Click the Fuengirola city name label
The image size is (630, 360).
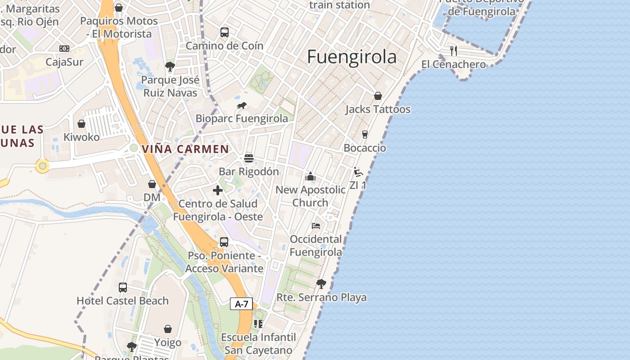coord(352,57)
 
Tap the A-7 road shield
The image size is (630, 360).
coord(242,304)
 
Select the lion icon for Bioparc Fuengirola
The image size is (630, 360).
coord(242,106)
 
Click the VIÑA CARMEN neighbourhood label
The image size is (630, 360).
coord(185,149)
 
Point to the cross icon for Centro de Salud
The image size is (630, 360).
coord(218,190)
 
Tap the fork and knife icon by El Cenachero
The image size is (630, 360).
coord(454,50)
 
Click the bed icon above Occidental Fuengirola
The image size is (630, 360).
coord(316,225)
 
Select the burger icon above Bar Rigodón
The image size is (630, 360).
coord(249,158)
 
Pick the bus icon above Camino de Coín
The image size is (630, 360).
coord(224,32)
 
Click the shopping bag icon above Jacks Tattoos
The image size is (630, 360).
coord(378,96)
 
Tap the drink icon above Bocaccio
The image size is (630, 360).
coord(365,135)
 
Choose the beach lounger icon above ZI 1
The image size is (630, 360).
coord(358,172)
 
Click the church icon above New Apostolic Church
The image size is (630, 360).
coord(310,176)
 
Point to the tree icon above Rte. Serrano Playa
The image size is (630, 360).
coord(321,284)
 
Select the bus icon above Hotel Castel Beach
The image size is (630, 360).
coord(123,287)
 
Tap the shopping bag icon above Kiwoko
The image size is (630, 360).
coord(81,124)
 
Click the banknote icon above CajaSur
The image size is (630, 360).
coord(64,49)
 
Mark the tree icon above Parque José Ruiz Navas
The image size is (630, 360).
coord(170,67)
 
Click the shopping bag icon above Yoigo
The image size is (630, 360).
coord(168,329)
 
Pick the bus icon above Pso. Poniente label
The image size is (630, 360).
coord(224,242)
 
